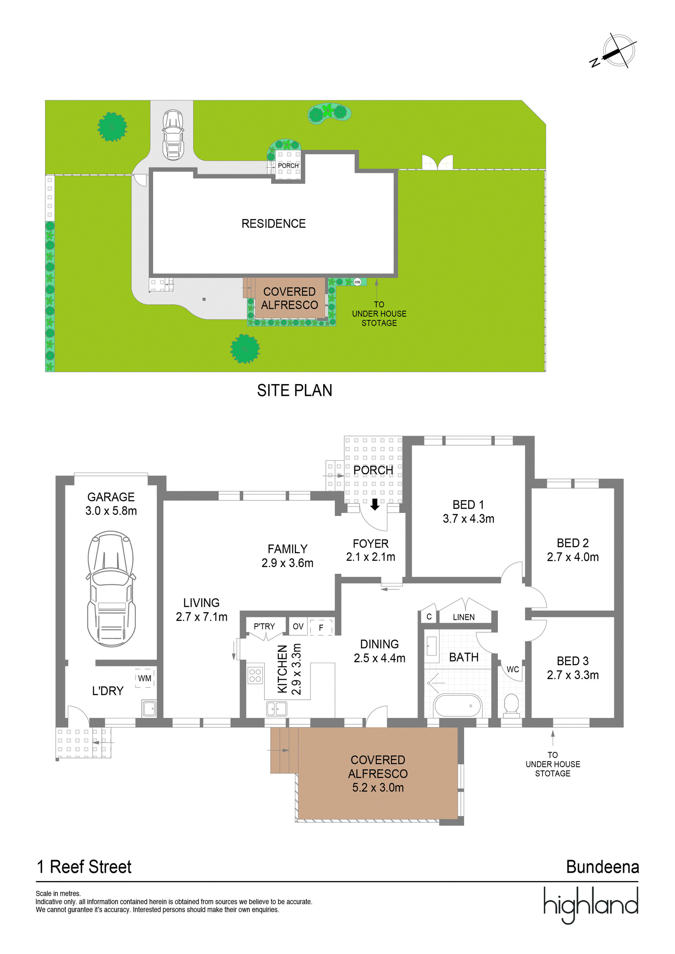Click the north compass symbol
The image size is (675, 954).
[614, 51]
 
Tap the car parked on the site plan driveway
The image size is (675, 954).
[173, 134]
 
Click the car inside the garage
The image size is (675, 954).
[111, 589]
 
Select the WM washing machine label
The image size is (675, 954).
[145, 678]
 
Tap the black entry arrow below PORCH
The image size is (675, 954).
[375, 504]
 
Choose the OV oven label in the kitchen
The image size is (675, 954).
[298, 626]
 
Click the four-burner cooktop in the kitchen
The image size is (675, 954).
[255, 675]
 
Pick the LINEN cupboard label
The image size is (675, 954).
[464, 617]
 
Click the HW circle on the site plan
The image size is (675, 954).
[357, 282]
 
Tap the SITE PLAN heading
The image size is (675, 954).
[294, 390]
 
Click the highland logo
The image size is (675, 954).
[591, 905]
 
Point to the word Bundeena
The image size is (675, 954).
[602, 867]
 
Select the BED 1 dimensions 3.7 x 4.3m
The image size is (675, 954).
[468, 519]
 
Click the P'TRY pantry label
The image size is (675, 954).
[264, 626]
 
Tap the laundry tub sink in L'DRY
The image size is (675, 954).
[149, 709]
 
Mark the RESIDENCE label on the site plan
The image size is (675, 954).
[273, 223]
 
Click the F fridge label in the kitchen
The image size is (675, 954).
[321, 628]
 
